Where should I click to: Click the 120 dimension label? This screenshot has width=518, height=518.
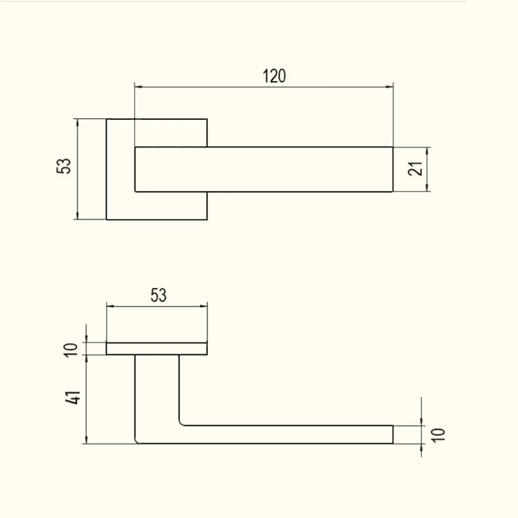[x=274, y=76]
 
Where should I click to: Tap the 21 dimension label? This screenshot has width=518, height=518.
[x=415, y=168]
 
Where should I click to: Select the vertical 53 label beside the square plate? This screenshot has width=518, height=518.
[x=64, y=166]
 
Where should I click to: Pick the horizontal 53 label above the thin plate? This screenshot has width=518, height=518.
[x=159, y=295]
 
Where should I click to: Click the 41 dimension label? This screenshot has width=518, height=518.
[x=72, y=397]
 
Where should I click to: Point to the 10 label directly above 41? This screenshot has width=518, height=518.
[x=70, y=350]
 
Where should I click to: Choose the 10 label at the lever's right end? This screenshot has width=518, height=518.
[x=438, y=435]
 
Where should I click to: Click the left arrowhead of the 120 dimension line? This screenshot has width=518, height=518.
[x=138, y=87]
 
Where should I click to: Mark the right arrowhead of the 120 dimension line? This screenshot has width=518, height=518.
[x=389, y=87]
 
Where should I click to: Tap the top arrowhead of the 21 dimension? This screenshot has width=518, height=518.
[x=427, y=151]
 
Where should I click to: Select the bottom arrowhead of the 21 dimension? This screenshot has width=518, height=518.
[x=427, y=188]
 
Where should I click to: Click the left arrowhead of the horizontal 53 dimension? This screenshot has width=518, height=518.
[x=110, y=306]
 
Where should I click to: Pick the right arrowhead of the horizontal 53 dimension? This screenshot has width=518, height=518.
[x=203, y=306]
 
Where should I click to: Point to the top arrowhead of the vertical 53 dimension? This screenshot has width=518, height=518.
[x=78, y=122]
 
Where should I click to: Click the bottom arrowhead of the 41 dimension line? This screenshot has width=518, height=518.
[x=87, y=439]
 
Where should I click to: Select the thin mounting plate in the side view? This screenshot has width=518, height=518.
[x=156, y=349]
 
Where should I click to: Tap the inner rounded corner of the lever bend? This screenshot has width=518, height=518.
[x=181, y=422]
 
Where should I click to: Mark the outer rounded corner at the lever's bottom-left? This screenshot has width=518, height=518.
[x=137, y=440]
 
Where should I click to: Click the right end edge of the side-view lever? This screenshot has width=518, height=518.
[x=393, y=435]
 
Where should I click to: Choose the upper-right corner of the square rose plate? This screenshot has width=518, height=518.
[x=207, y=119]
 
